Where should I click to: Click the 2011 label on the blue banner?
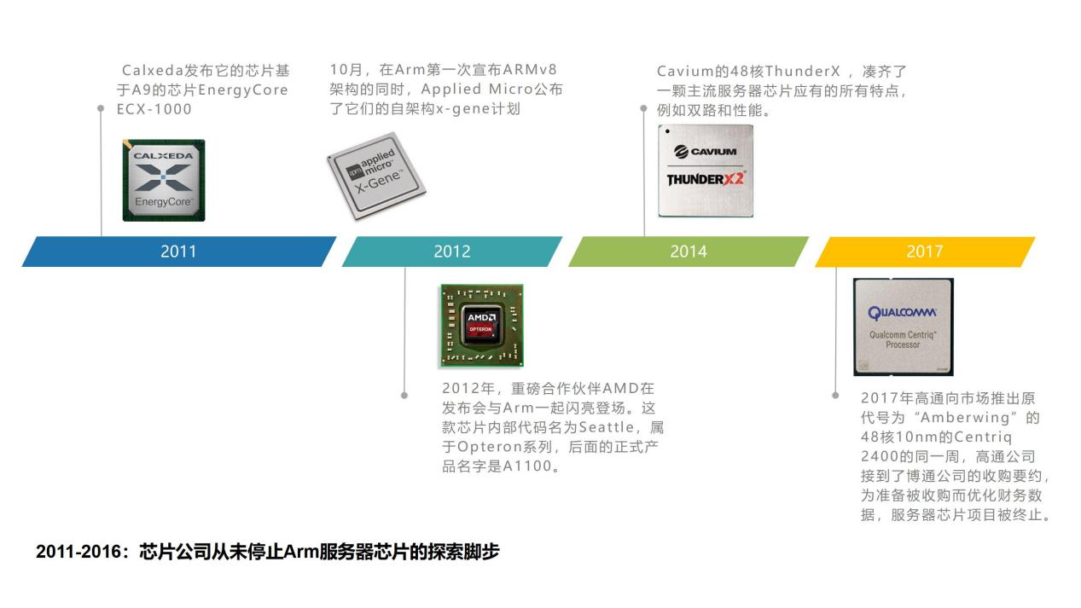click(178, 252)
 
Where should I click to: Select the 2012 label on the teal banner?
click(451, 252)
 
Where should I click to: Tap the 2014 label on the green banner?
click(689, 252)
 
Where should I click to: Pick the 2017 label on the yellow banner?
click(925, 252)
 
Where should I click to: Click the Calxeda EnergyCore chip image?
click(164, 180)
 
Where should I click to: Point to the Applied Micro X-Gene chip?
click(376, 176)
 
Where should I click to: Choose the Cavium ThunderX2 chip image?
click(706, 171)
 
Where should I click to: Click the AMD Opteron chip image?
click(482, 326)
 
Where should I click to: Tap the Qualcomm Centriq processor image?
click(903, 327)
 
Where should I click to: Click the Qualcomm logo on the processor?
click(902, 313)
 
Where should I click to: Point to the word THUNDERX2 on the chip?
click(706, 179)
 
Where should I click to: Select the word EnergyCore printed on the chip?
click(163, 201)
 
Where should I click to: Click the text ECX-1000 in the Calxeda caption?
click(154, 109)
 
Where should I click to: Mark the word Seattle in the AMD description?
click(606, 427)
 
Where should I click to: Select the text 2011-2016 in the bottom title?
click(78, 552)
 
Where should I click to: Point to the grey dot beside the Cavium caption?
click(643, 108)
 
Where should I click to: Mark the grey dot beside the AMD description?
click(404, 396)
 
